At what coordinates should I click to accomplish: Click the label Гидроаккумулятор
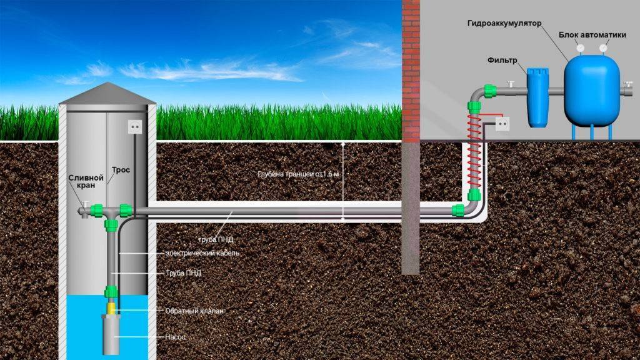click(x=503, y=24)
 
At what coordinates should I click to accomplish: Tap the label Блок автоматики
click(x=592, y=35)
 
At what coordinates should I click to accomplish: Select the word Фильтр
click(x=501, y=60)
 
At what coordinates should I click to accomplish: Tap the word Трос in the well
click(x=122, y=170)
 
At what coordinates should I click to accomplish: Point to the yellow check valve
click(x=111, y=307)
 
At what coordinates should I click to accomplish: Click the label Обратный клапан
click(x=194, y=311)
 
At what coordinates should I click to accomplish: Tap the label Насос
click(x=176, y=337)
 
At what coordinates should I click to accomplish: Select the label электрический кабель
click(x=202, y=253)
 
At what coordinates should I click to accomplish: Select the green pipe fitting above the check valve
click(x=111, y=291)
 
